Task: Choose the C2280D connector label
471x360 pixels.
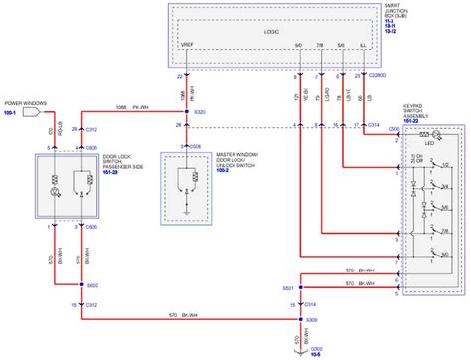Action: point(379,75)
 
